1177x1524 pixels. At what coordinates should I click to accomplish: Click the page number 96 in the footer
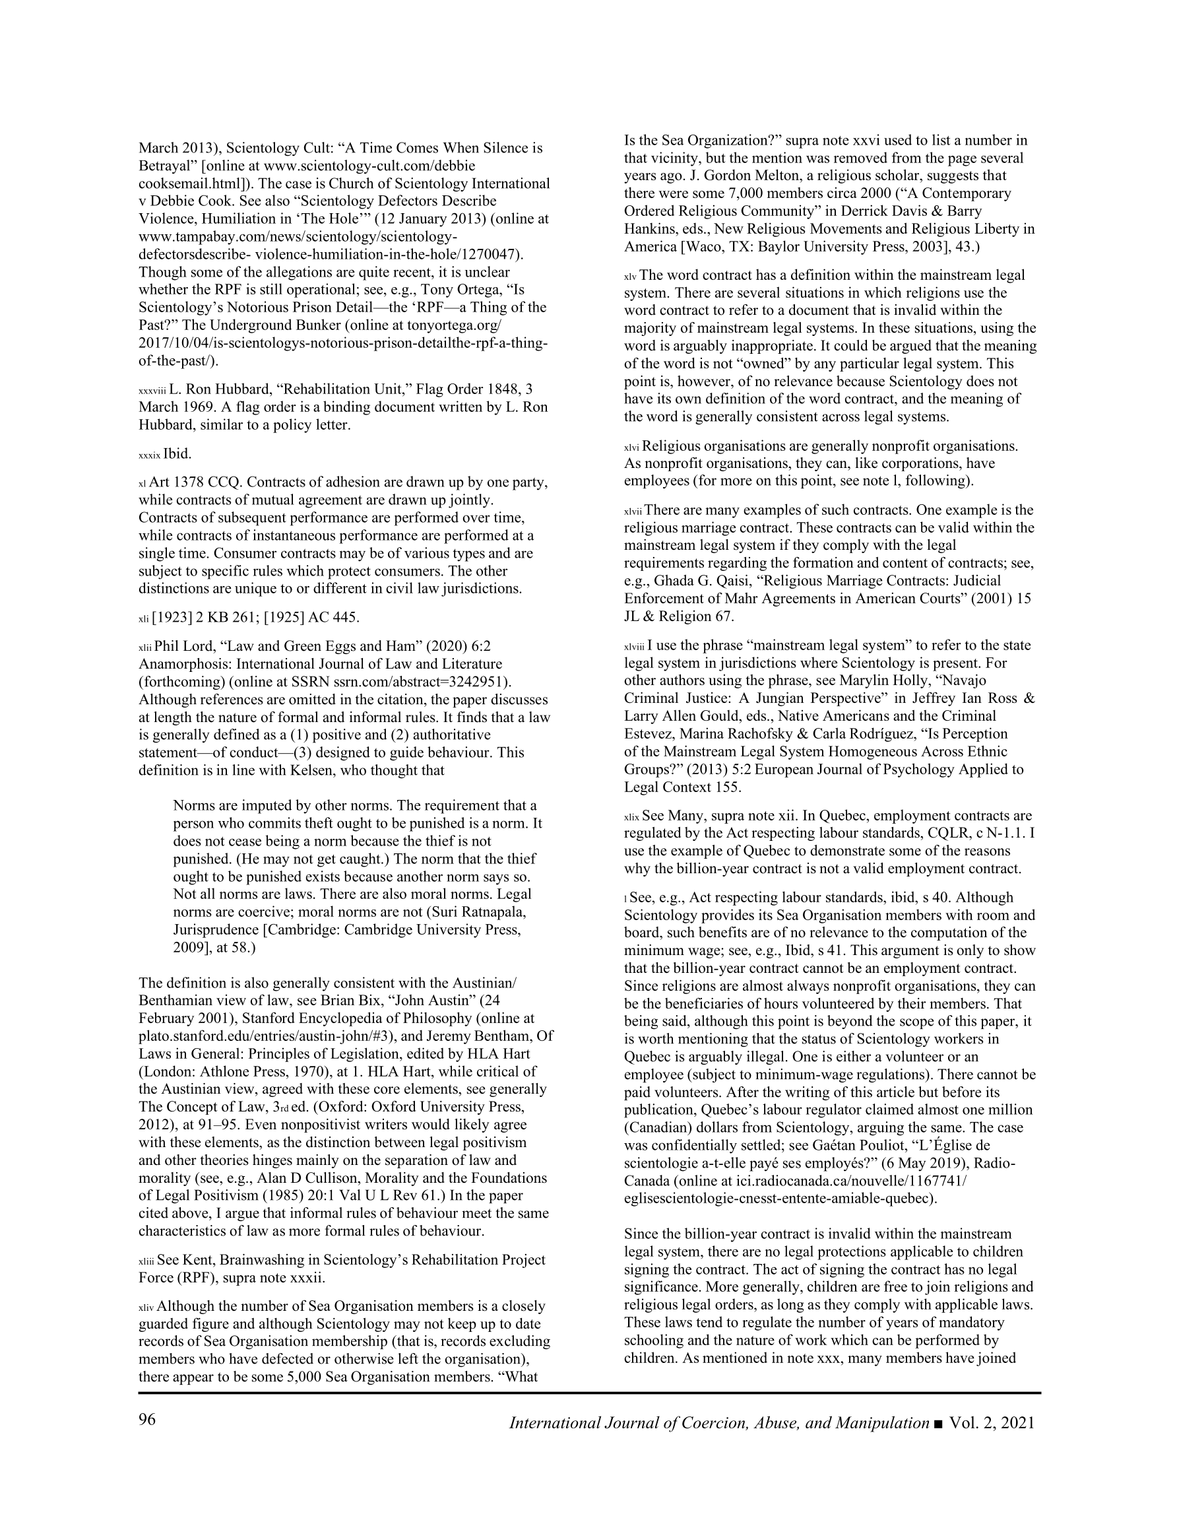(x=147, y=1422)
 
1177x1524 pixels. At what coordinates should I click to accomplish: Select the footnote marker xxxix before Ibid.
(x=149, y=455)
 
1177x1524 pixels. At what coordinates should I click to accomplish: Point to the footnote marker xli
(x=144, y=618)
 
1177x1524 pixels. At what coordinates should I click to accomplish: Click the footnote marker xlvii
(x=633, y=512)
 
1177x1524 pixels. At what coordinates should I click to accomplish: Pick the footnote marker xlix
(x=631, y=817)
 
